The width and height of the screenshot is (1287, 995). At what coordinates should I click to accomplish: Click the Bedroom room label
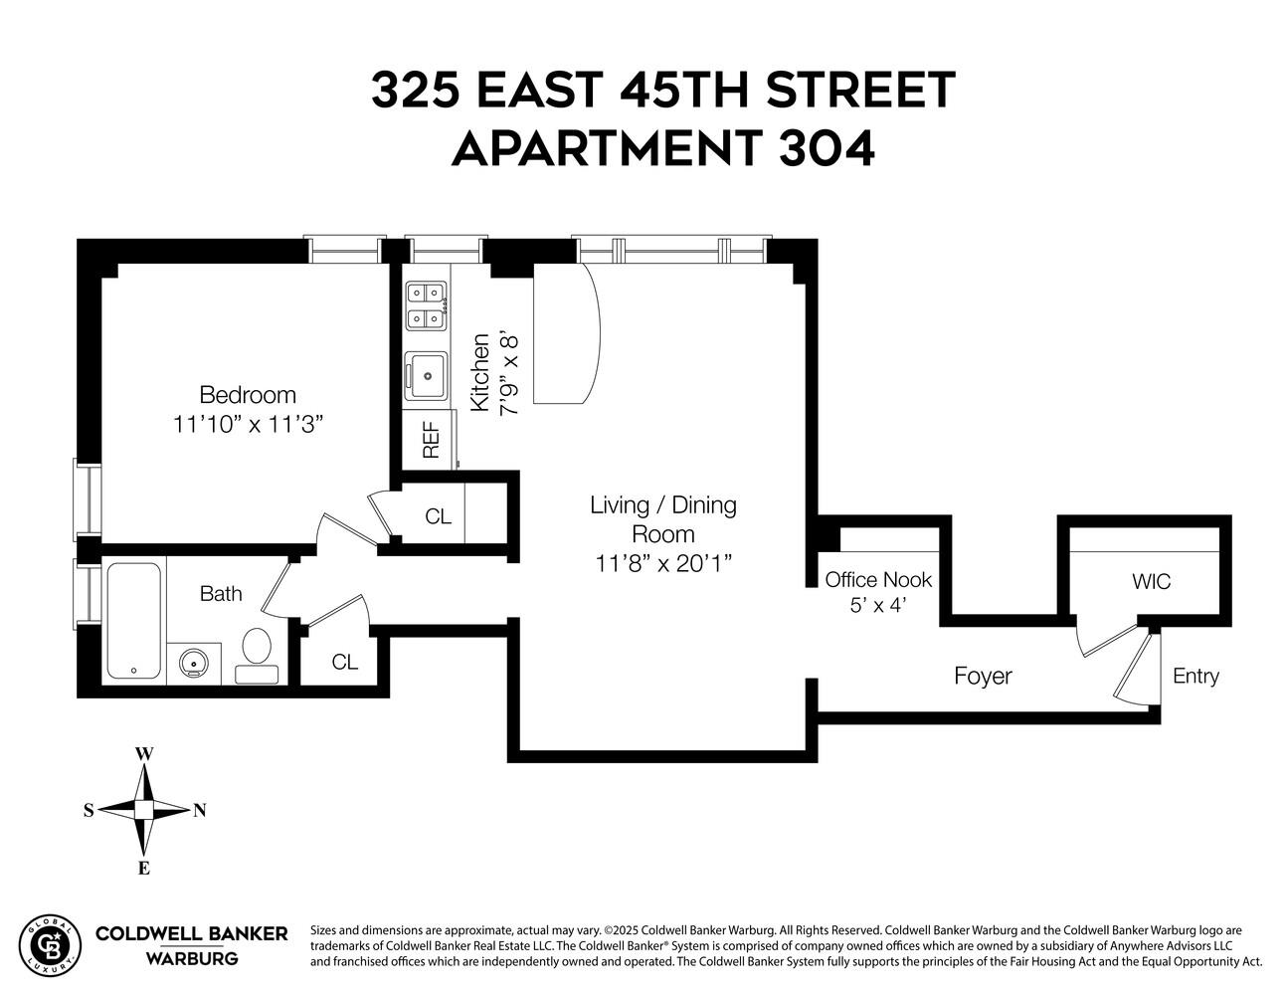(x=248, y=394)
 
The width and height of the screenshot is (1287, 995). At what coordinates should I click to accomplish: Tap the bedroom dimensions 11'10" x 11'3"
(x=249, y=425)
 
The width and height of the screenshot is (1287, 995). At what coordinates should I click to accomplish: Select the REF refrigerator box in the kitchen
(x=431, y=439)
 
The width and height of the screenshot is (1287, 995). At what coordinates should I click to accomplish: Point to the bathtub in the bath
(x=133, y=622)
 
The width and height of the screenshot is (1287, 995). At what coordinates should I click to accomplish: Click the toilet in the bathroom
(x=256, y=653)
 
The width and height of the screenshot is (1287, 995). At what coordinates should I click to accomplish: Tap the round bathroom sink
(x=193, y=662)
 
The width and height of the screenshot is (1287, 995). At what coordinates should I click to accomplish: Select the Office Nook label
(x=878, y=580)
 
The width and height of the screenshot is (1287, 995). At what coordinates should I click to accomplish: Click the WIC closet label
(x=1151, y=582)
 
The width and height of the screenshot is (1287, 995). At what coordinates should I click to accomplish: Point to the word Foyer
(x=983, y=677)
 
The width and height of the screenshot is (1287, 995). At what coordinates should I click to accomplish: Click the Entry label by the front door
(x=1195, y=677)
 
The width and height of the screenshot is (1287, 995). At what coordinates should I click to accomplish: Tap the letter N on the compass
(x=200, y=810)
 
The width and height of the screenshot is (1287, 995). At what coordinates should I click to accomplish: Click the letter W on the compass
(x=144, y=754)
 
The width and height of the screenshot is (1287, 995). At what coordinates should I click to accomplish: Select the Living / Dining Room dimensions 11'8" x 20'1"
(x=663, y=564)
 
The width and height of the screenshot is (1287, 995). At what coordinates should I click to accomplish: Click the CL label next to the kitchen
(x=438, y=517)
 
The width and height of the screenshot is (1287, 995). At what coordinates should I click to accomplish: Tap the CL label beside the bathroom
(x=344, y=663)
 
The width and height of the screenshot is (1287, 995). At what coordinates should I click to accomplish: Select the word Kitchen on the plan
(x=479, y=372)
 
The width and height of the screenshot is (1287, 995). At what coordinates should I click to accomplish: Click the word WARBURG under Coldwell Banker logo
(x=191, y=959)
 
